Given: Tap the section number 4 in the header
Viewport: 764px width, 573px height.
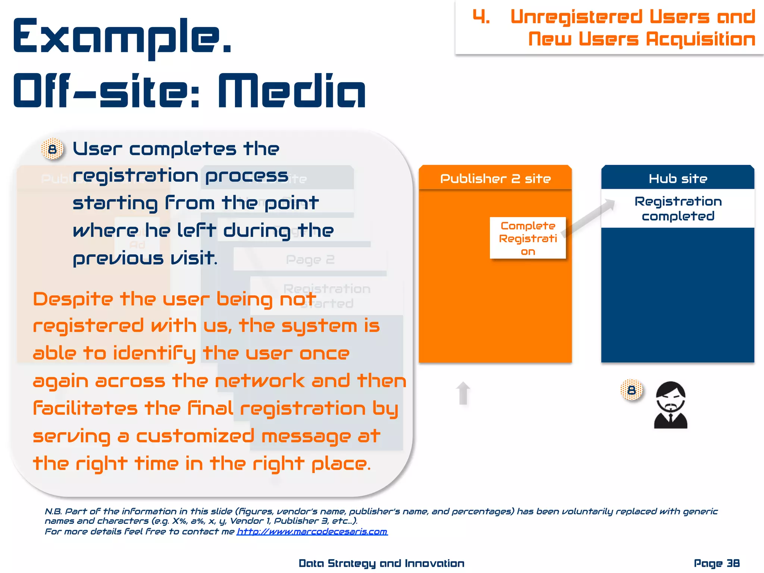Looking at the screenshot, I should pyautogui.click(x=481, y=17).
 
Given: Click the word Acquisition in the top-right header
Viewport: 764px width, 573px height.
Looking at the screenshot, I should pyautogui.click(x=700, y=39).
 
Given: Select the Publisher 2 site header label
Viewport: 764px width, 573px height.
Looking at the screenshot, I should pyautogui.click(x=495, y=179).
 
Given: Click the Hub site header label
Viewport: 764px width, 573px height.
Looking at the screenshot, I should pyautogui.click(x=677, y=179).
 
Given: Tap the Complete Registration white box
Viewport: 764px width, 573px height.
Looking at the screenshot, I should pyautogui.click(x=527, y=238).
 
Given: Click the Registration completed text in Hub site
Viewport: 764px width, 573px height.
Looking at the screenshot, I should pyautogui.click(x=678, y=209).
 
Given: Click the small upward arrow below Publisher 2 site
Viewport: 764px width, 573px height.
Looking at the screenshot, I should pyautogui.click(x=463, y=393).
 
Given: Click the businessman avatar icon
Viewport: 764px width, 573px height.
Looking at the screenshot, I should pyautogui.click(x=670, y=405).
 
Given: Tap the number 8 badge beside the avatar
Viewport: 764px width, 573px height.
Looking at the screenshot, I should pyautogui.click(x=631, y=390).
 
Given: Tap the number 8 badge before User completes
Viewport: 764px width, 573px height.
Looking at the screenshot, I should pyautogui.click(x=52, y=149).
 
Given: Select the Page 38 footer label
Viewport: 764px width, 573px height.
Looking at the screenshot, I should pyautogui.click(x=716, y=563).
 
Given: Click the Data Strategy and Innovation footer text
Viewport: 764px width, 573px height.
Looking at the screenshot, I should pyautogui.click(x=381, y=563).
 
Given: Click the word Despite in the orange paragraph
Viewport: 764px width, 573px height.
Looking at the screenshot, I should pyautogui.click(x=73, y=300).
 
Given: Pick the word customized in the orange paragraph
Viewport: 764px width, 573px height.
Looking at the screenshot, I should pyautogui.click(x=195, y=436).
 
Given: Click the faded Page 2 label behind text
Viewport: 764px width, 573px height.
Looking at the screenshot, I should pyautogui.click(x=310, y=260).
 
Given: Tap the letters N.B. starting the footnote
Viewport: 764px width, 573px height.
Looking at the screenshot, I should pyautogui.click(x=53, y=511).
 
